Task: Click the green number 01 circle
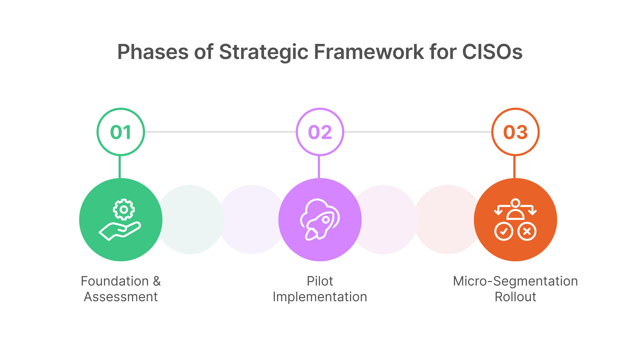(x=121, y=132)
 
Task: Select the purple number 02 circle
(x=320, y=132)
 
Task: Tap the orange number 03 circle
(x=515, y=132)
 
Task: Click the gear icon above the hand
(x=124, y=209)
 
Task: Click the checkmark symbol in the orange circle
(x=504, y=231)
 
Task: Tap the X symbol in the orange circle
(x=527, y=231)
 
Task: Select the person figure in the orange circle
(x=515, y=210)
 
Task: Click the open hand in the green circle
(x=119, y=231)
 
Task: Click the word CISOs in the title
(x=492, y=52)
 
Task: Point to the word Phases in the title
(x=153, y=52)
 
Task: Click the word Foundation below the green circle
(x=115, y=281)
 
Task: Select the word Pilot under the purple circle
(x=320, y=281)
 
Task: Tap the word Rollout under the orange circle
(x=515, y=297)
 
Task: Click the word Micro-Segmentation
(x=515, y=281)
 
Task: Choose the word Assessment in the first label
(x=121, y=297)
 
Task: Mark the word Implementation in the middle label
(x=320, y=297)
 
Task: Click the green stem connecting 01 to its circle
(x=120, y=167)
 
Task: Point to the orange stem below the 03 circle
(x=514, y=167)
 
